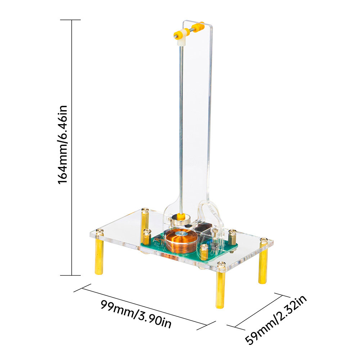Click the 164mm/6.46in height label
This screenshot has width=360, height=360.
coord(62,144)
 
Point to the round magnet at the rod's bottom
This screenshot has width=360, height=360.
coord(181,220)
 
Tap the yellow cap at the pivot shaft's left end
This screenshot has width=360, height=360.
coord(177,35)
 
